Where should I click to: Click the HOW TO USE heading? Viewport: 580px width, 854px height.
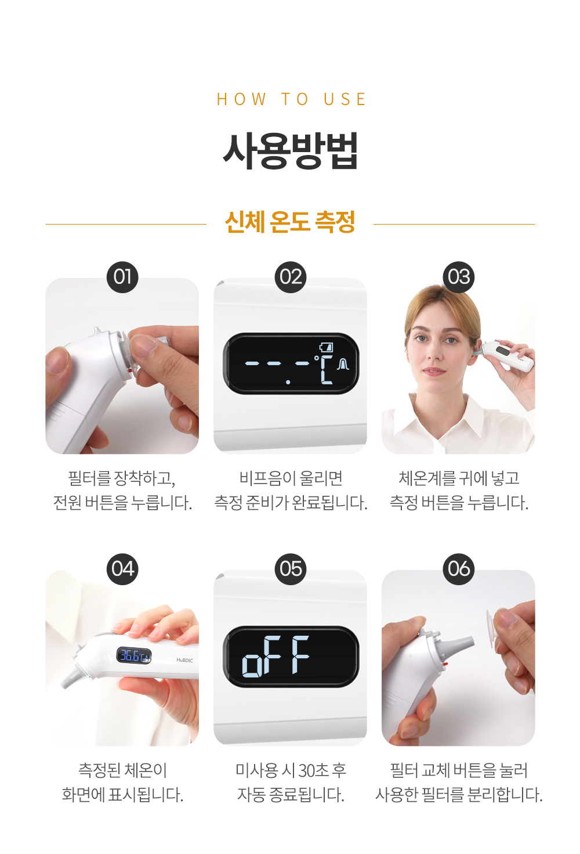291,99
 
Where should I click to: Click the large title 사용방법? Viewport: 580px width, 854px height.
291,150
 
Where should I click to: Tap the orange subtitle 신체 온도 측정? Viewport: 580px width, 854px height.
290,222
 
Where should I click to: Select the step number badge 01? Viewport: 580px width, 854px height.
122,277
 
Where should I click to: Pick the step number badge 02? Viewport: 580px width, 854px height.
290,277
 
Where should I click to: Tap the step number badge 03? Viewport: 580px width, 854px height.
459,277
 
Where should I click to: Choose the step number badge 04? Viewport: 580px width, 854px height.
122,569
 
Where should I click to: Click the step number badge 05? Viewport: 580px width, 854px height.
290,569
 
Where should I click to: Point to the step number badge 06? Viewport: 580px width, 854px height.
459,569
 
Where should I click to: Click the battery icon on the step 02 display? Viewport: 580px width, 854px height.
326,347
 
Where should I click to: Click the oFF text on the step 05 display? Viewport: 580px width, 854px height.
275,655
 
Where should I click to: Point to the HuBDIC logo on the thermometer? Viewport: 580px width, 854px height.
184,660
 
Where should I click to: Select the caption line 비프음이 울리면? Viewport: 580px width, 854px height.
291,478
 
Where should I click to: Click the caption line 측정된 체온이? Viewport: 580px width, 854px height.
122,770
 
